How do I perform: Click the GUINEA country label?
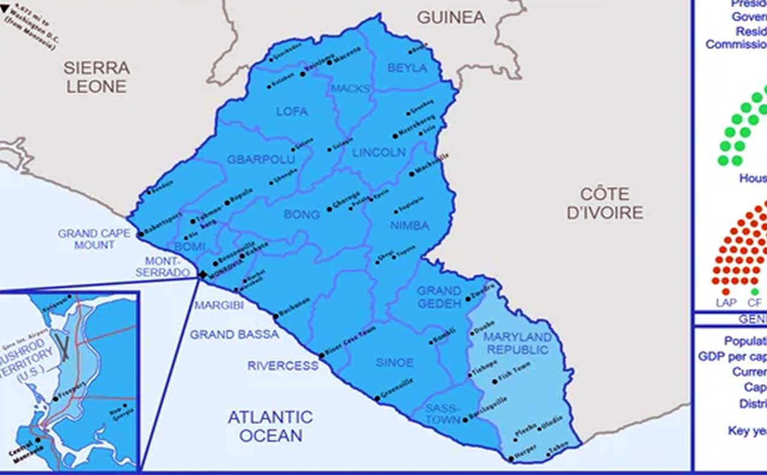point(451,18)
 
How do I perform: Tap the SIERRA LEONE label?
point(96,77)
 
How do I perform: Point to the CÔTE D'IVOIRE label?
point(605,203)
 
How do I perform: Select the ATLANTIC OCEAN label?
point(270,426)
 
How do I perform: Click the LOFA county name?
point(292,111)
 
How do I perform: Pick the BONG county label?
point(301,214)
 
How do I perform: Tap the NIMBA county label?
point(410,226)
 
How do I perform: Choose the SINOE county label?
point(394,362)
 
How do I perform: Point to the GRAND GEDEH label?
point(439,297)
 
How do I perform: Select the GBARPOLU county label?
point(261,159)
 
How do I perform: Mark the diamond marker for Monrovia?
point(203,274)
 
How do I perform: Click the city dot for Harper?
point(511,459)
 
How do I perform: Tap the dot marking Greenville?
point(377,398)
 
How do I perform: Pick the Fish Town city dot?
point(495,381)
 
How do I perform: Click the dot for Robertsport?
point(140,234)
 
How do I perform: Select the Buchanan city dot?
point(276,316)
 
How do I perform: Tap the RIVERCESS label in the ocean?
point(283,365)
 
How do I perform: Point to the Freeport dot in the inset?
point(56,398)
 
